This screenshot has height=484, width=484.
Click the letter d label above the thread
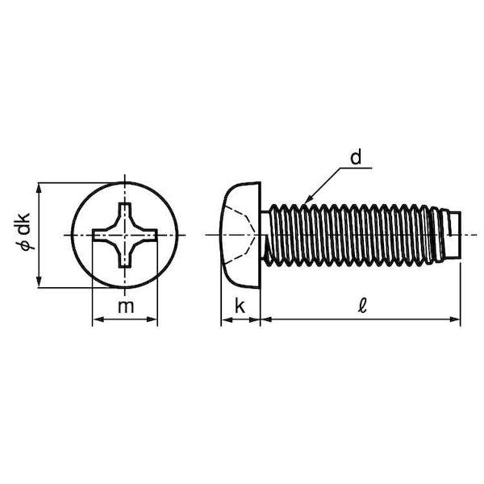click(x=356, y=157)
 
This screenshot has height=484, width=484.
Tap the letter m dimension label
click(x=126, y=307)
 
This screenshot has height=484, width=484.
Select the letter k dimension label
click(x=240, y=306)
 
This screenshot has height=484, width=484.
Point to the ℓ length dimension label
click(x=362, y=306)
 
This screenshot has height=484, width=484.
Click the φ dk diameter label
click(x=23, y=232)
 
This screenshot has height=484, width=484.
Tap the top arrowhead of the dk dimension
click(x=39, y=188)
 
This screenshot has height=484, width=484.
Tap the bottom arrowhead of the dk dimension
click(x=39, y=282)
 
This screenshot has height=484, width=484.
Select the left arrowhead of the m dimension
click(x=98, y=319)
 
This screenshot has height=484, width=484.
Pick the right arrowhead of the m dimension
click(x=152, y=319)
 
